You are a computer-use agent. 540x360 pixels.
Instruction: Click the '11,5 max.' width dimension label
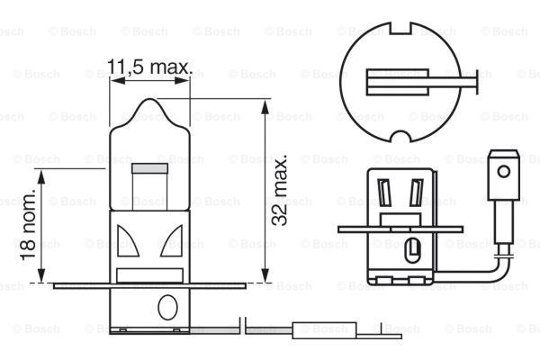149,67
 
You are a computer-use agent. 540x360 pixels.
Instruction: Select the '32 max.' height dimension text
282,189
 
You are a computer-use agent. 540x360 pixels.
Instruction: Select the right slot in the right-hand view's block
415,191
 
